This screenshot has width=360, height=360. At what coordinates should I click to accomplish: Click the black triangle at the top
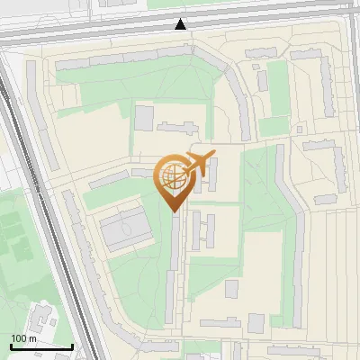[x=181, y=24]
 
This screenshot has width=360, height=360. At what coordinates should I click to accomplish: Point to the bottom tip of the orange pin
[x=173, y=211]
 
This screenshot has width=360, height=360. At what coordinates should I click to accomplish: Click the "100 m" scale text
[x=23, y=338]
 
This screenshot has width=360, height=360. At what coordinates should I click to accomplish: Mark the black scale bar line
[x=41, y=346]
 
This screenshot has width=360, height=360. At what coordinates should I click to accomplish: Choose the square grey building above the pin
[x=144, y=118]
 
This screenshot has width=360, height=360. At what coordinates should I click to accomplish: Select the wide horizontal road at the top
[x=180, y=34]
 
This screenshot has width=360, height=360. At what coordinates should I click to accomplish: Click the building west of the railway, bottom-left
[x=40, y=319]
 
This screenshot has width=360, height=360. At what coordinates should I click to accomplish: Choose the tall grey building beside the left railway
[x=41, y=126]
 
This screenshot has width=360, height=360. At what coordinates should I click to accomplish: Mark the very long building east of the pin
[x=289, y=234]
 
